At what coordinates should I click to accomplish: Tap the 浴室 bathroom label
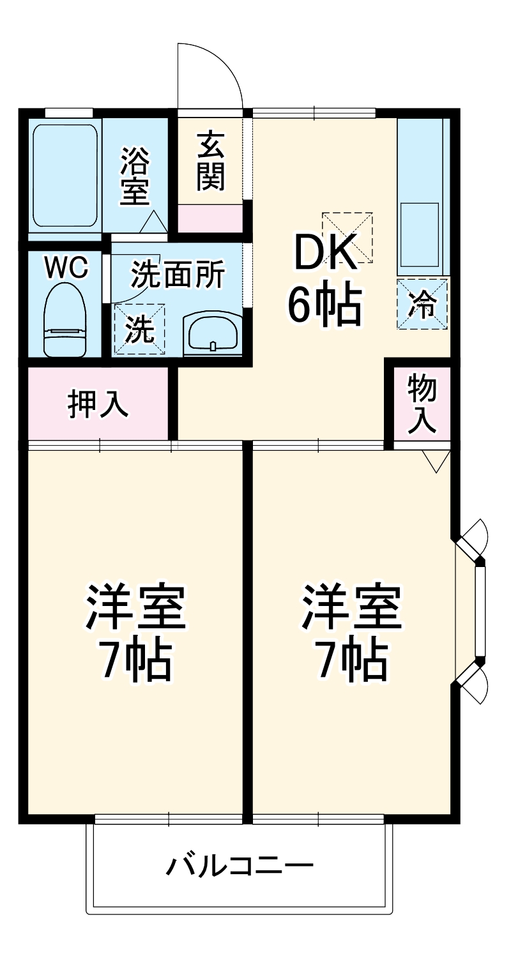pos(135,176)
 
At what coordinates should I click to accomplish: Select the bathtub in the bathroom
pos(65,175)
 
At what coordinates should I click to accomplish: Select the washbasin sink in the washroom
pos(212,333)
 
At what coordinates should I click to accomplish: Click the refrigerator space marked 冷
pos(422,304)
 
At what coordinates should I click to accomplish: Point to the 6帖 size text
pos(324,305)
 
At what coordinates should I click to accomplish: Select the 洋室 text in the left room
pos(135,607)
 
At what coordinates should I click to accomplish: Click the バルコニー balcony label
pos(240,867)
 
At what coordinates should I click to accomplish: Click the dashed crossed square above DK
pos(347,237)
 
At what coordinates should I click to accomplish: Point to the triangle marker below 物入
pos(437,461)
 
